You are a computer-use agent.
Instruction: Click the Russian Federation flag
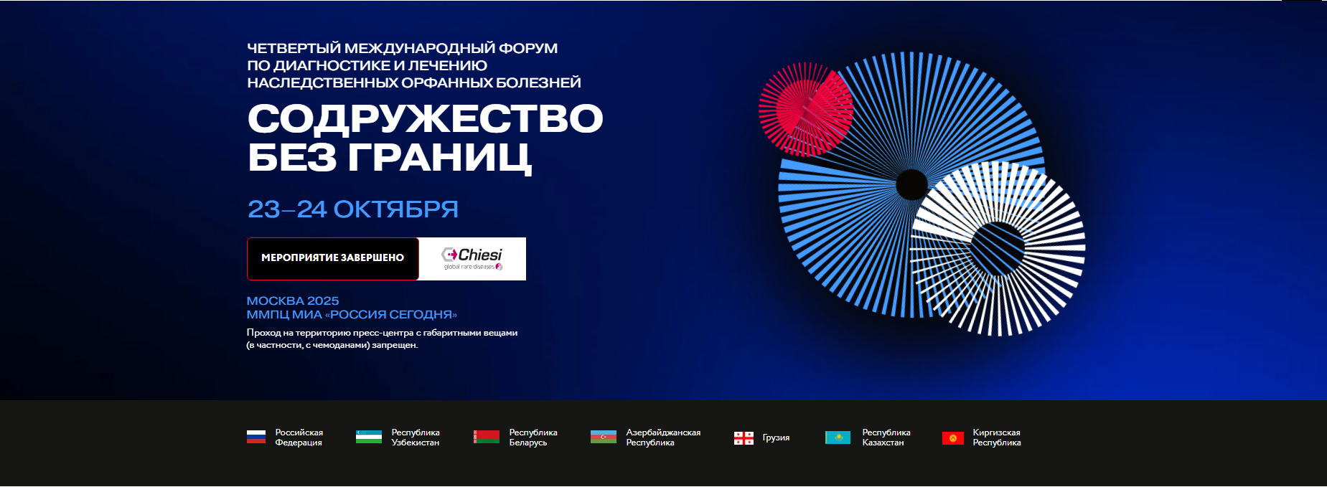click(256, 437)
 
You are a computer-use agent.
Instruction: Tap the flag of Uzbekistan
click(368, 437)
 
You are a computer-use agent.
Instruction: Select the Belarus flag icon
click(486, 437)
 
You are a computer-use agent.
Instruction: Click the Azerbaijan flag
click(603, 437)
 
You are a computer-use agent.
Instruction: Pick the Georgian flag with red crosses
click(744, 438)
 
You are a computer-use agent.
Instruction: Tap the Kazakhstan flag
click(838, 437)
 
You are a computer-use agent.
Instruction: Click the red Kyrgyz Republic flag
click(953, 438)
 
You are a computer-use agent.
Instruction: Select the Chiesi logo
click(472, 259)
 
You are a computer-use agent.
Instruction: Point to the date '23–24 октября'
click(353, 209)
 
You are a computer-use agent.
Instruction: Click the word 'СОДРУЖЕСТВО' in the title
click(425, 118)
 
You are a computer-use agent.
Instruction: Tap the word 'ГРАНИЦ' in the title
click(440, 158)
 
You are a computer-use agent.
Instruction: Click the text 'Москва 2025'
click(293, 301)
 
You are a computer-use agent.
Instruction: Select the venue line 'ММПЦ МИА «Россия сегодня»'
click(352, 314)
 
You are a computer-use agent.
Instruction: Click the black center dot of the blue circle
click(911, 184)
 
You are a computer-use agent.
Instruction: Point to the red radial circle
click(805, 109)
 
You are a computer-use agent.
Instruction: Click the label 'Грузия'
click(776, 438)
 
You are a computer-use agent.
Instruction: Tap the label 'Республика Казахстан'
click(886, 438)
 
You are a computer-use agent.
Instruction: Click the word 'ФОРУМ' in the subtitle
click(528, 48)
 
